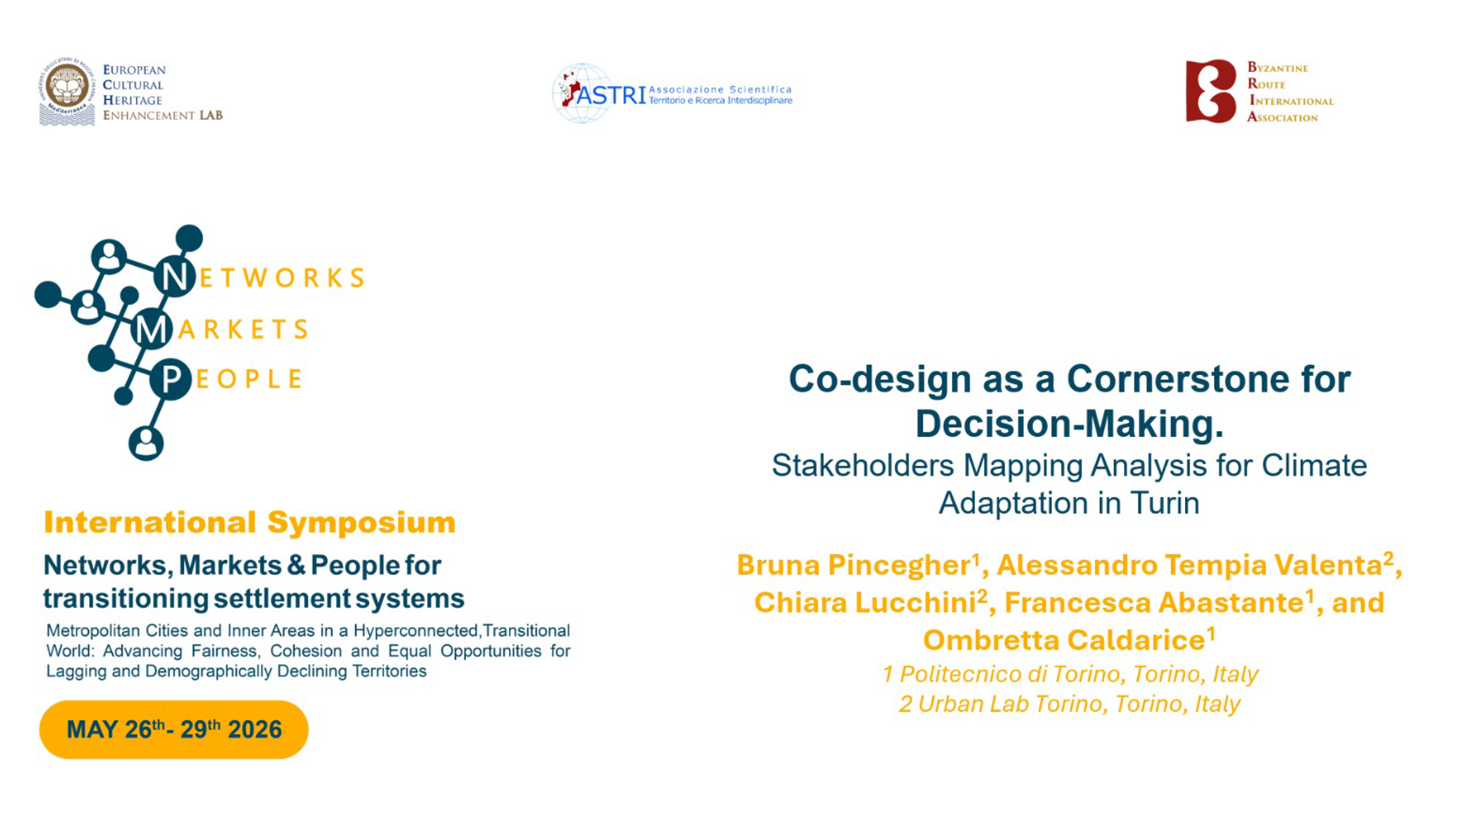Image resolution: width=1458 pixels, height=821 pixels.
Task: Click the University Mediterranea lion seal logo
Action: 67,91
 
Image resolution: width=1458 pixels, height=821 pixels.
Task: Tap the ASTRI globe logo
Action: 582,93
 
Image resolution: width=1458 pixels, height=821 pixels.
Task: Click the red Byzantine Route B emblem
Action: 1211,91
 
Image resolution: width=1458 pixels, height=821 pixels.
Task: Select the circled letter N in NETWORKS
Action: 175,277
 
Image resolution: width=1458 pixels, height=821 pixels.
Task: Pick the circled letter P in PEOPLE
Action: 171,379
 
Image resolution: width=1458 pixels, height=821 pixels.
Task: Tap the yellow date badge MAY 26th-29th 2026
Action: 173,729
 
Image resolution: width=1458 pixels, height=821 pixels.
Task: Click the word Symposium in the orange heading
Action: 361,523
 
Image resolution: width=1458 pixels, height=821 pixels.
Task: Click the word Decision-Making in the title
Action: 1069,424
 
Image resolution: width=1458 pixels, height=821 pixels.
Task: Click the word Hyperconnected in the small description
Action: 416,631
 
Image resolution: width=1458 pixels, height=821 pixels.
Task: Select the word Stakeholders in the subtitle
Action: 862,465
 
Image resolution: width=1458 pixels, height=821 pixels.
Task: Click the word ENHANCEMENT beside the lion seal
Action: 149,115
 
